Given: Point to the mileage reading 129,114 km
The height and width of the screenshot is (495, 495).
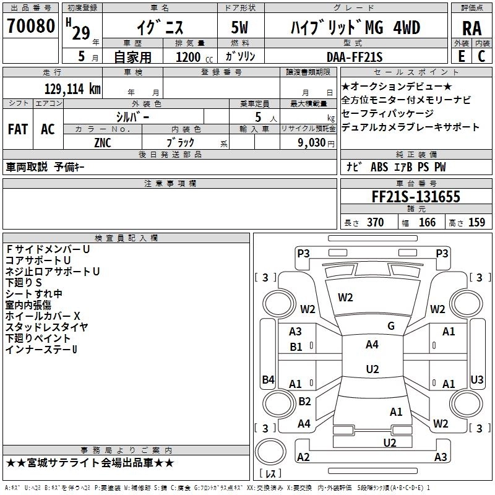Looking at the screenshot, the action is pos(72,88).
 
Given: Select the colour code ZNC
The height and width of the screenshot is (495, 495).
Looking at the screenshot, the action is pos(103,142).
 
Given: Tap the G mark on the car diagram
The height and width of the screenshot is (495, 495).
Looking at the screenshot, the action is pos(391,326).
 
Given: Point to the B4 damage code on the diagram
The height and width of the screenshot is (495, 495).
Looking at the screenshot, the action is pos(268,380).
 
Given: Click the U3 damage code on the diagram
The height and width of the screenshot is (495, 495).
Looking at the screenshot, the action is pos(476,379).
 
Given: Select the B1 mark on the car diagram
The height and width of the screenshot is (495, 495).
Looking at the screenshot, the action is pos(296,347).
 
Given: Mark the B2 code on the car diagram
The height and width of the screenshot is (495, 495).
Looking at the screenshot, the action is pos(304,401).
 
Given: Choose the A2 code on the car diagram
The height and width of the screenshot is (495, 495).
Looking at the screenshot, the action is pos(303,457).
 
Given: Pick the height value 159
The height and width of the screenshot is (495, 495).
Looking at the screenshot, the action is pos(476,223).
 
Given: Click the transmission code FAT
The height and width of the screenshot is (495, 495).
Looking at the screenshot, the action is pos(17,129).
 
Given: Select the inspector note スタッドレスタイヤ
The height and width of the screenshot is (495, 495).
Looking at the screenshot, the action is pos(46,327).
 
